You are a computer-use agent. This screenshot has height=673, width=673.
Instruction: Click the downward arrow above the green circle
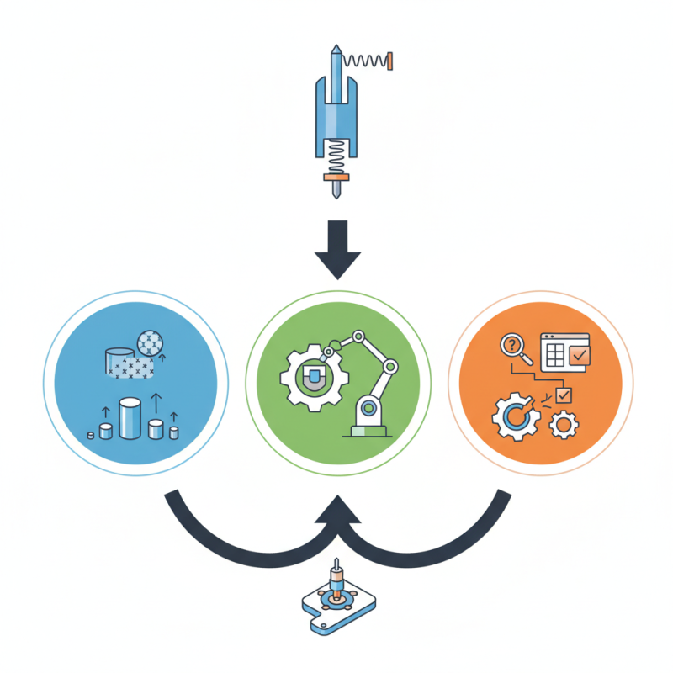point(336,250)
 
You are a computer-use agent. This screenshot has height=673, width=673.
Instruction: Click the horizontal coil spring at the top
point(366,61)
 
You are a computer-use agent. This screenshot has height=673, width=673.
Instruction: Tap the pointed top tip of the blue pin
point(336,49)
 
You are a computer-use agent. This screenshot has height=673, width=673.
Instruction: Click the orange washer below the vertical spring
point(336,178)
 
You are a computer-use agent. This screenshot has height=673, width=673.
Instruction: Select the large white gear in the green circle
point(311,376)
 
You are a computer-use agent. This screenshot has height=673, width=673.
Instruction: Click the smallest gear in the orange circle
point(560,426)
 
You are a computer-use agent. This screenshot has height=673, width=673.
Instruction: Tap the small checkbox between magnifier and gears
point(563,394)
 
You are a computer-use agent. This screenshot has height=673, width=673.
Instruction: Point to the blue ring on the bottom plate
point(336,599)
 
